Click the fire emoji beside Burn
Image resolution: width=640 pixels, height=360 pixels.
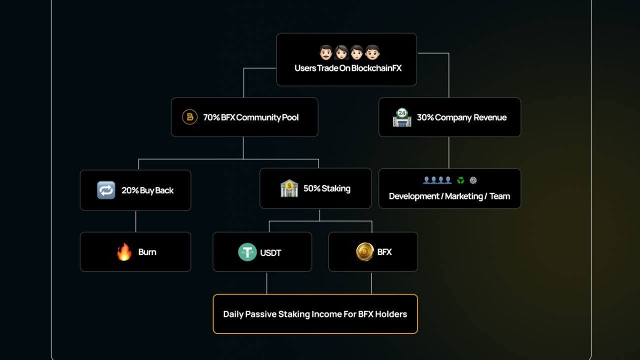[x=124, y=251]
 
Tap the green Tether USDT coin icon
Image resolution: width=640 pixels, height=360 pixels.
[x=247, y=252]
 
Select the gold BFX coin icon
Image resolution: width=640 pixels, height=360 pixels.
[x=365, y=251]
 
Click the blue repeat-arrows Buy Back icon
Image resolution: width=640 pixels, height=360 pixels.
[x=106, y=190]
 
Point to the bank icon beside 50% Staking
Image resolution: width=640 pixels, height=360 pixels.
[x=289, y=188]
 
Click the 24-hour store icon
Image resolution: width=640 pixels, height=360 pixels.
[x=402, y=117]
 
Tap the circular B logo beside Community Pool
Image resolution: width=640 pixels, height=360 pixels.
[x=189, y=117]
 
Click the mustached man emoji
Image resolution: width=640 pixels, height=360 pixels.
[x=325, y=52]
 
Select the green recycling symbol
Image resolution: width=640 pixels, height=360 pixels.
[x=460, y=180]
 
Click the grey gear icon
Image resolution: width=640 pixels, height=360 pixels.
[x=473, y=180]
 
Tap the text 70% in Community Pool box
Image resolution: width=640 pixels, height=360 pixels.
[x=211, y=117]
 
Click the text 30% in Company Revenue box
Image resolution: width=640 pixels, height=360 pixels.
[x=425, y=117]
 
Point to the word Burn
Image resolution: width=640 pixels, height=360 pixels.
[x=147, y=252]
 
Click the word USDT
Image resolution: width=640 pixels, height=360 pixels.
[x=270, y=253]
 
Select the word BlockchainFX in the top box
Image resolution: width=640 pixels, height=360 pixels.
[x=376, y=68]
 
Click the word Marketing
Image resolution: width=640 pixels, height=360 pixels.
[x=463, y=196]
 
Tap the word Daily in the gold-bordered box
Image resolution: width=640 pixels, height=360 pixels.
[x=233, y=314]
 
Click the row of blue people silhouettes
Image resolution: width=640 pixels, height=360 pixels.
[x=437, y=180]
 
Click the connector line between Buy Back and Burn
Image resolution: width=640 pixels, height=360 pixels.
[x=135, y=221]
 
